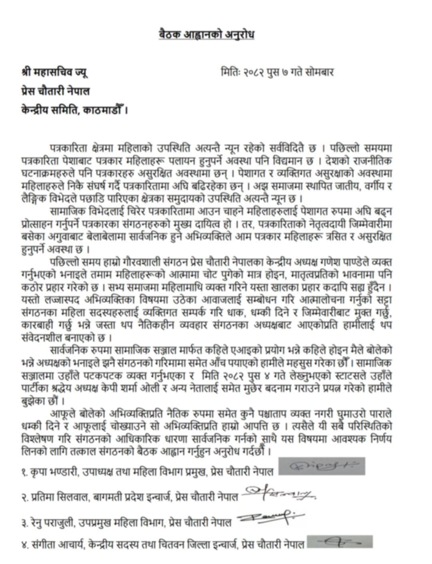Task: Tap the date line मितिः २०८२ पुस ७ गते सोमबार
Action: [x=277, y=72]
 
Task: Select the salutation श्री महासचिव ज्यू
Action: [x=55, y=72]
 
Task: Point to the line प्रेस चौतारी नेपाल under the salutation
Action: [x=56, y=91]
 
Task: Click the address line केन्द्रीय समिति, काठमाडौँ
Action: [x=74, y=109]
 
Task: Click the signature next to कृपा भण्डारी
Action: [x=322, y=466]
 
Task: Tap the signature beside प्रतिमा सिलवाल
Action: [x=280, y=495]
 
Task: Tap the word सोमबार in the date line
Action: [x=319, y=72]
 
